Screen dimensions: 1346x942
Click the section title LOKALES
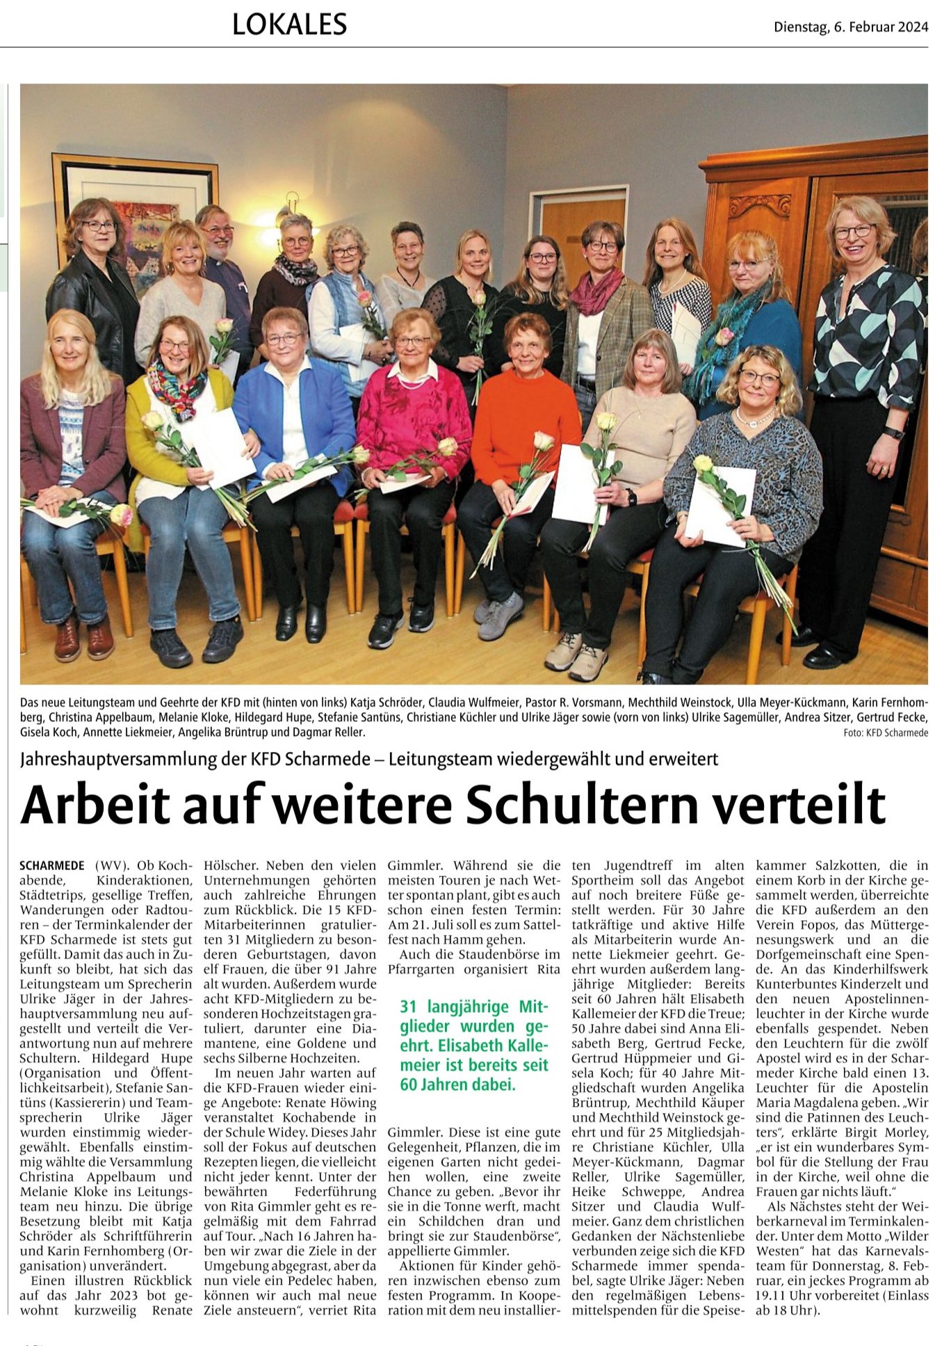[289, 25]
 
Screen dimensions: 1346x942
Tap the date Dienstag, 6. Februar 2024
[851, 27]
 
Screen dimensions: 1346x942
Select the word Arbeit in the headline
[95, 805]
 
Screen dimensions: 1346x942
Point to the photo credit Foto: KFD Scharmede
[886, 732]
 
